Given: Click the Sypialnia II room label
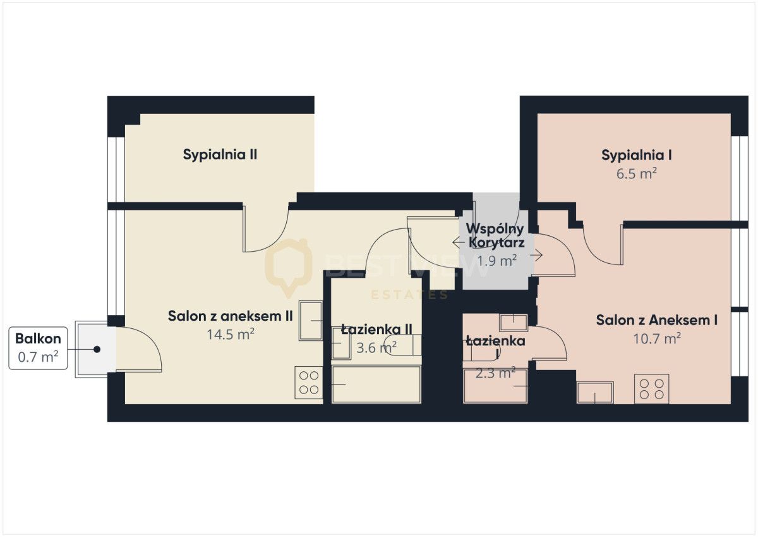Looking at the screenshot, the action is click(220, 155).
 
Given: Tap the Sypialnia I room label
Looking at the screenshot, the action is click(636, 155).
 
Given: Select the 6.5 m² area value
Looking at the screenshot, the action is click(637, 174).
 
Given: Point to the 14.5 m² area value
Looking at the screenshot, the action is click(231, 335).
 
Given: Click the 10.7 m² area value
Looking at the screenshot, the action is click(657, 338).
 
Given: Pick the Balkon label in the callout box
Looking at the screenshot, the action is click(39, 338).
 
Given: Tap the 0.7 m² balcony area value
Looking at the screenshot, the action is click(39, 357).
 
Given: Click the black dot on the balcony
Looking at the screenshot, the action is click(97, 349).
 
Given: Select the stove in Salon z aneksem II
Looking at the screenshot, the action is click(309, 383).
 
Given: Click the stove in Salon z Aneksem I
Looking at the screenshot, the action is click(651, 388).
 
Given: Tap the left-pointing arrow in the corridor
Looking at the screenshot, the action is click(459, 243).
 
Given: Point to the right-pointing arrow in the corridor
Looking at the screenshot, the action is click(536, 255).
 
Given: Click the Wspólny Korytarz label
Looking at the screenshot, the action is click(496, 236).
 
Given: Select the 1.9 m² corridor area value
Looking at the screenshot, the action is click(496, 261).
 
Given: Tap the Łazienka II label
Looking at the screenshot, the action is click(376, 330).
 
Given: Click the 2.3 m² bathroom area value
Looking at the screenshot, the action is click(495, 373).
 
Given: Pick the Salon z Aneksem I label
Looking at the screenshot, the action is click(656, 320).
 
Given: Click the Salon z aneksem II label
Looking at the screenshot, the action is click(230, 316).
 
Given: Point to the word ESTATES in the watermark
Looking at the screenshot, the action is click(409, 295).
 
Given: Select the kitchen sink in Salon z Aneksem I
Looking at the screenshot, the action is click(595, 393).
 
